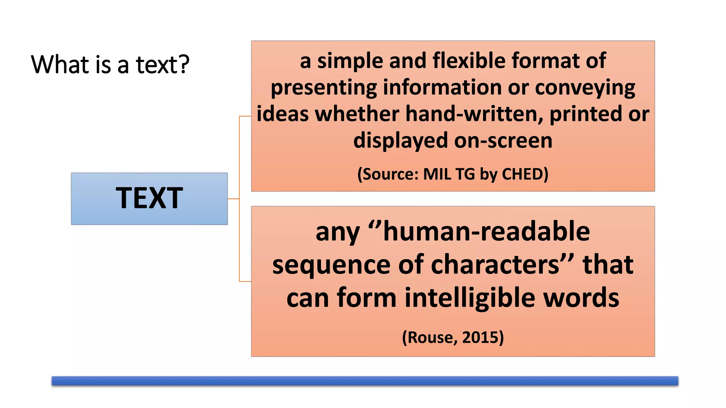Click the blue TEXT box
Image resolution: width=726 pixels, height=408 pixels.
click(x=149, y=199)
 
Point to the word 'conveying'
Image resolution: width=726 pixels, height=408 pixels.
click(x=585, y=88)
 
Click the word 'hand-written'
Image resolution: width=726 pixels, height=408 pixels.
click(x=474, y=114)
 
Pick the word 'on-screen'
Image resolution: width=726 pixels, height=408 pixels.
click(x=503, y=141)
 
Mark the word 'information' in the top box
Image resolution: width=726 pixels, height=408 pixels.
click(x=442, y=87)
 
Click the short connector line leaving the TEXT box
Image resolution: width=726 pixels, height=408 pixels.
click(x=233, y=199)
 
